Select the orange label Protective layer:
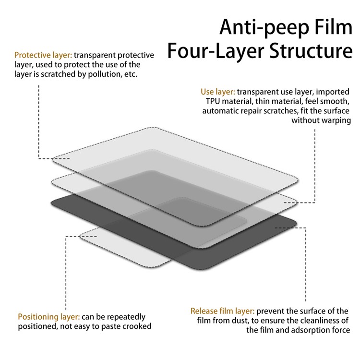[x=43, y=55]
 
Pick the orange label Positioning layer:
[x=49, y=317]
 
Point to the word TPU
[x=214, y=101]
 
